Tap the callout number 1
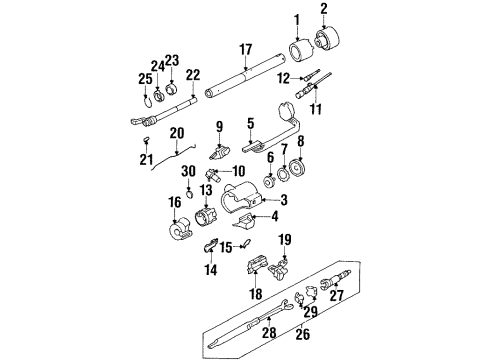295,19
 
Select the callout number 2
324,10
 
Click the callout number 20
178,132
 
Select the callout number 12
283,78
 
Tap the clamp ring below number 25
147,100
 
